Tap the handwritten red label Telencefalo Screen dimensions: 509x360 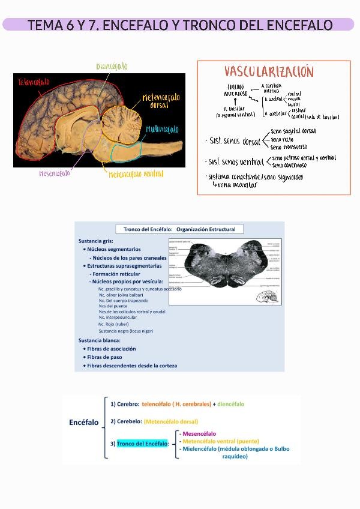click(34, 82)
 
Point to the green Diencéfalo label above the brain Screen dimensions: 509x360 click(112, 67)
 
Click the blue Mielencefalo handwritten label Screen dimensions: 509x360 click(162, 130)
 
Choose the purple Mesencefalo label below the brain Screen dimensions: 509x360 click(55, 174)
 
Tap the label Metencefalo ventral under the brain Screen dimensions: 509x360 click(136, 174)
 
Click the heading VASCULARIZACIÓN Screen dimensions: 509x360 click(269, 72)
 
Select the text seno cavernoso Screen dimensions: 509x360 click(289, 165)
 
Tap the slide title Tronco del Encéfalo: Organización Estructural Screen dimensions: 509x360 click(179, 229)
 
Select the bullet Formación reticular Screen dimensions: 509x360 click(116, 274)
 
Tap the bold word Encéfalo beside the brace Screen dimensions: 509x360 click(84, 423)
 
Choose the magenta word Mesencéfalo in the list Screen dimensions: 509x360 click(199, 433)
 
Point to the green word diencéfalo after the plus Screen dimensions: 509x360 click(231, 404)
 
